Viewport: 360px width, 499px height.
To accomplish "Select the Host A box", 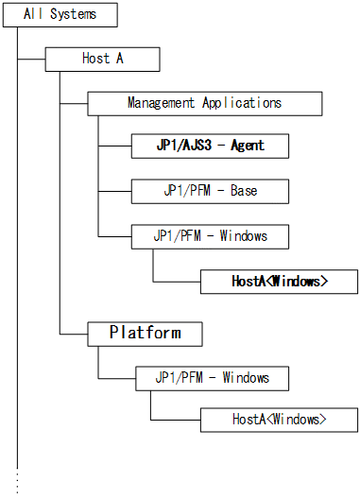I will [102, 59].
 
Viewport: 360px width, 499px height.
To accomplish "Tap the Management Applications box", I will [204, 102].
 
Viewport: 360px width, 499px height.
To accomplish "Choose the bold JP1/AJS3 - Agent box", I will [210, 146].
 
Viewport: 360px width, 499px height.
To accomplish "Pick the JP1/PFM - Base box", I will [210, 190].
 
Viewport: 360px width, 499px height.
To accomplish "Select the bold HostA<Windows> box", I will [279, 281].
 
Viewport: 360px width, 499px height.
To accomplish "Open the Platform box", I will [144, 333].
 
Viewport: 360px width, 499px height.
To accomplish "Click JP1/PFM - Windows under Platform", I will [212, 377].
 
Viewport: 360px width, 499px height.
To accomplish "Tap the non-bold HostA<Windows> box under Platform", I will [279, 420].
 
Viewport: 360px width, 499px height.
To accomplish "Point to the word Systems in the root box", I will [74, 15].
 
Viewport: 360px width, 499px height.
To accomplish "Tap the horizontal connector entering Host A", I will [31, 59].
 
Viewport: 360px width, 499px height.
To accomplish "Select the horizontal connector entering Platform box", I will [73, 334].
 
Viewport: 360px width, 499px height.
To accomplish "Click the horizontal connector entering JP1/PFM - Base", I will [114, 190].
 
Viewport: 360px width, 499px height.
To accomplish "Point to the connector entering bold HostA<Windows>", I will [177, 282].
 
